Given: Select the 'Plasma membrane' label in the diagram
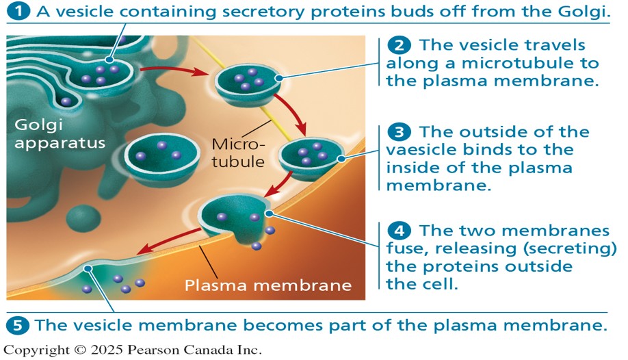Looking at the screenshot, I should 267,285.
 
